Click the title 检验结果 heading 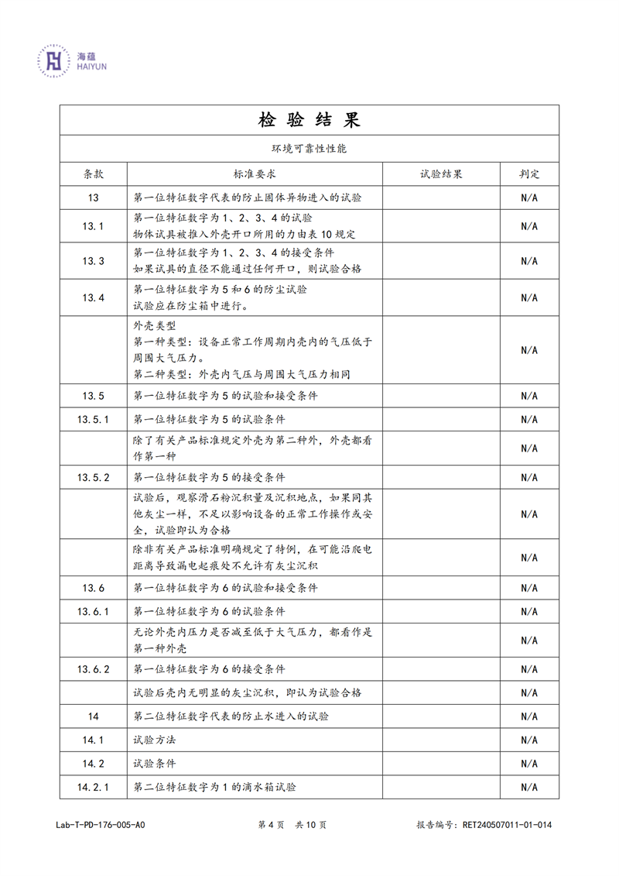pos(309,120)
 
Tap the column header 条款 pos(93,174)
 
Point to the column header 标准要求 pos(255,174)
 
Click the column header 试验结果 pos(441,174)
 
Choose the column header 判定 pos(529,174)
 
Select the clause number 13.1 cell pos(93,226)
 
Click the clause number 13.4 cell pos(93,297)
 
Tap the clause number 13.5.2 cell pos(93,477)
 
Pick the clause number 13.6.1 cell pos(93,612)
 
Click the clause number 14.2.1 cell pos(93,788)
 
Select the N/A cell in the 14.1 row pos(529,740)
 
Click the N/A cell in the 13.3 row pos(529,261)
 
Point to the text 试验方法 pos(155,740)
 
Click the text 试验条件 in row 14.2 pos(155,764)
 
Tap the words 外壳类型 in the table pos(155,326)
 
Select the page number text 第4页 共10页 pos(292,825)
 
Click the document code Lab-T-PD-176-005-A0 pos(100,825)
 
